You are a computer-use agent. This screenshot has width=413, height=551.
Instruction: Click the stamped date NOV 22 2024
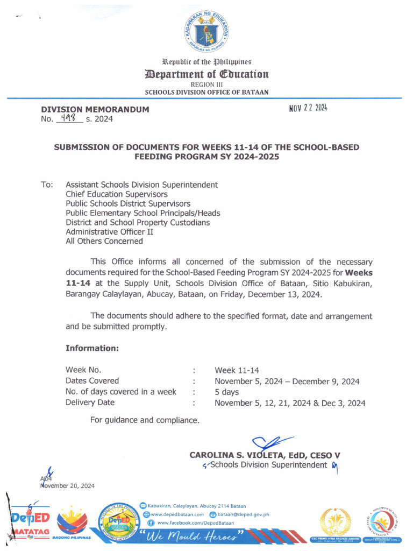308,108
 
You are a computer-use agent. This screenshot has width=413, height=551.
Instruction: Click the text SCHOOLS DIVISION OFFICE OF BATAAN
206,92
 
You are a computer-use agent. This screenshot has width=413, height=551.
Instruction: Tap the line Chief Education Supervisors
116,194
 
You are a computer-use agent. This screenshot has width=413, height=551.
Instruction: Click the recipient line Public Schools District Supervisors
127,203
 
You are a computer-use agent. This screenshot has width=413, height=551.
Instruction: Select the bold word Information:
91,348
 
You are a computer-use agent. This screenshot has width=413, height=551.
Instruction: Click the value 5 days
226,392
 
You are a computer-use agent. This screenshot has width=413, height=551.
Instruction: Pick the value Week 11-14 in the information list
237,370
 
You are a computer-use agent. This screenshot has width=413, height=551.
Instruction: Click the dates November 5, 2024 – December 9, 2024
287,381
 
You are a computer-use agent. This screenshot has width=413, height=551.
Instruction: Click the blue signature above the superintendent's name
269,442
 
